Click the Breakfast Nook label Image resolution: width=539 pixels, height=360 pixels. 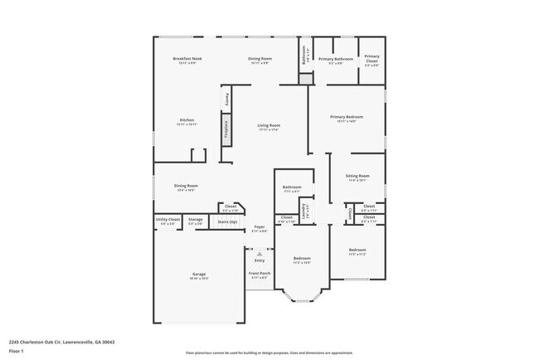tap(187, 59)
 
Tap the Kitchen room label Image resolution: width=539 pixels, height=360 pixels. tap(187, 120)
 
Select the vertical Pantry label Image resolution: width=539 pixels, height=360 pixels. tap(225, 99)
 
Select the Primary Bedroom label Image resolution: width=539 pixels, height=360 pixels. tap(347, 117)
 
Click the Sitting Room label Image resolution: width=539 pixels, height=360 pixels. tap(357, 177)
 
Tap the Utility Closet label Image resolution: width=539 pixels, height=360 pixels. tap(168, 219)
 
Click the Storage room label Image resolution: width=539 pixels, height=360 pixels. tap(195, 219)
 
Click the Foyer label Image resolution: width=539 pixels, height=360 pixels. tap(260, 226)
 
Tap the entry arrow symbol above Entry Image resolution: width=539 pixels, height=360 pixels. tap(260, 253)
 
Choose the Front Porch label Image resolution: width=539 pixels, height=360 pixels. tap(260, 273)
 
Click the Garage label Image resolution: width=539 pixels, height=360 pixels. tap(199, 274)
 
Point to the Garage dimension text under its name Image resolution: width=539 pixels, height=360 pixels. tap(199, 279)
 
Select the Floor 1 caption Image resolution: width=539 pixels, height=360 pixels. tap(17, 351)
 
